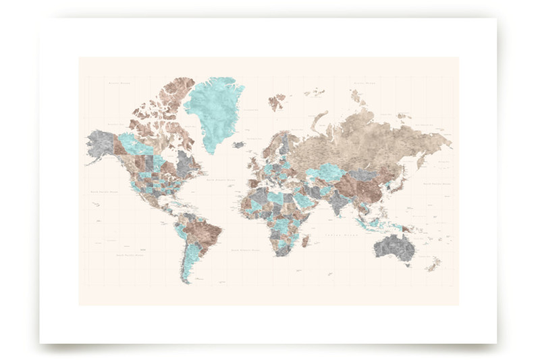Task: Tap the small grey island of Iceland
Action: pos(238,144)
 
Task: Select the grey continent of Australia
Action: pos(396,246)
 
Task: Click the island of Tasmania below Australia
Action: pos(406,265)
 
